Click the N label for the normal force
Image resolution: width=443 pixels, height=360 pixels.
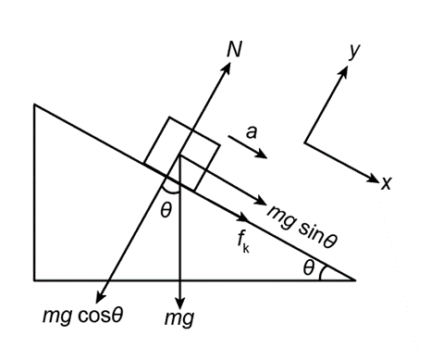tap(234, 49)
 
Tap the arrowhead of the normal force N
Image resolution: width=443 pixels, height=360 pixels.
tap(227, 68)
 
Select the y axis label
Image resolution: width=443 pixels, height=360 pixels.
tap(354, 51)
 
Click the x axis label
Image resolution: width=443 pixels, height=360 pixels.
tap(387, 183)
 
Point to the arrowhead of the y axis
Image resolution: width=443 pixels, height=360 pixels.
tap(344, 71)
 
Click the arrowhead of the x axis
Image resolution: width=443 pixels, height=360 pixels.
tap(374, 179)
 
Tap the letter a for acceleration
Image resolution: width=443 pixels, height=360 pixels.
tap(252, 132)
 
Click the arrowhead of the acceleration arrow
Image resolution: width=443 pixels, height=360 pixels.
tap(262, 154)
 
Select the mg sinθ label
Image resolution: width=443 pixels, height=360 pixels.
tap(301, 226)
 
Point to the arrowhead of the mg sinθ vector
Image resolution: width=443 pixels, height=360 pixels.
tap(261, 201)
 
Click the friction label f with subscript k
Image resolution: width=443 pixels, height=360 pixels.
tap(243, 242)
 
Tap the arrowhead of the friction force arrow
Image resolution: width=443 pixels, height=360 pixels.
tap(243, 217)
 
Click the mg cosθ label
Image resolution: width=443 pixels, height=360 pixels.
tap(82, 316)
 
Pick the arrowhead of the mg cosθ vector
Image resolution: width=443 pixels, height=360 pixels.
tap(100, 297)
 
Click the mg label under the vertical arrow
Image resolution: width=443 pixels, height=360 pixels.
tap(179, 318)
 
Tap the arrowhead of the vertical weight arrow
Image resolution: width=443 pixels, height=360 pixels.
tap(180, 303)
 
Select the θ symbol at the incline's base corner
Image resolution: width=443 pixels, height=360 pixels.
tap(309, 267)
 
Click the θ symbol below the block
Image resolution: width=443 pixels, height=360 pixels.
tap(166, 211)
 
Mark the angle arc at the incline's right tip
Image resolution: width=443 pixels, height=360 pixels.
tap(321, 273)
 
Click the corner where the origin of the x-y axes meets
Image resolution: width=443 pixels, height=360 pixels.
tap(305, 143)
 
